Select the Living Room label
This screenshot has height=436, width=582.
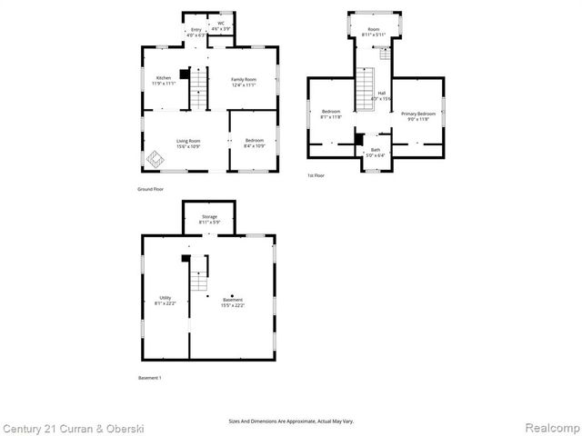(188, 143)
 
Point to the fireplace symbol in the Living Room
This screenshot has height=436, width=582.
(156, 158)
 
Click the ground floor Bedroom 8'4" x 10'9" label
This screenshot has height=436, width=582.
(254, 143)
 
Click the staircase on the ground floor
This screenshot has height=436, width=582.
(198, 89)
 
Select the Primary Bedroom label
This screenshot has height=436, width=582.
(418, 115)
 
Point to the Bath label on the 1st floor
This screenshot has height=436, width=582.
(375, 152)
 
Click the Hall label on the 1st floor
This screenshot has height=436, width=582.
(382, 95)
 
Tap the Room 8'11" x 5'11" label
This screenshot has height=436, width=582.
(373, 32)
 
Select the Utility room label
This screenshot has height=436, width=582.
(166, 300)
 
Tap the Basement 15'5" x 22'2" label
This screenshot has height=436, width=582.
(232, 302)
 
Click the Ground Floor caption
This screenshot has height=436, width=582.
(150, 189)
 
